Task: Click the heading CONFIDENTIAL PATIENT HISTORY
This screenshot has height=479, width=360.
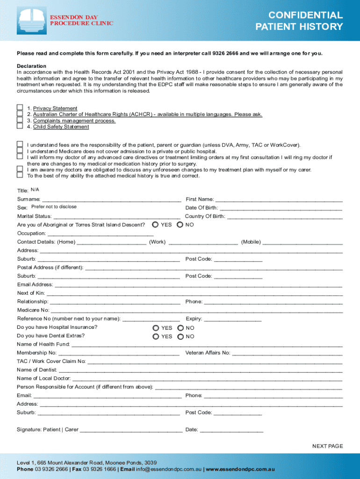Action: (299, 21)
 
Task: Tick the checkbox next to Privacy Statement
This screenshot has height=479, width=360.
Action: (20, 108)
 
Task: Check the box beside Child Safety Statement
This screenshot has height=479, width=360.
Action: (20, 126)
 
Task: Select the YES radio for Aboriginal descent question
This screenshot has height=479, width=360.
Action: (155, 225)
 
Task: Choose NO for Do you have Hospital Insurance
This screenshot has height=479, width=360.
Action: (180, 328)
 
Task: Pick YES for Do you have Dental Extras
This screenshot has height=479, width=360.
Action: (155, 336)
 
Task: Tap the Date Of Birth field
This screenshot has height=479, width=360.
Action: (281, 208)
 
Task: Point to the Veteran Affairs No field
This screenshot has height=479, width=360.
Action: (287, 353)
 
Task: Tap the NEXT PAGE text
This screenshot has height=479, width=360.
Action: (327, 446)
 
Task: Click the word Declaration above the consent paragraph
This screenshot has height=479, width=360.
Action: (31, 66)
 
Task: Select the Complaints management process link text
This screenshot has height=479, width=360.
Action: (74, 121)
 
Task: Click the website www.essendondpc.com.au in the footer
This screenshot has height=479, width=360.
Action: (240, 469)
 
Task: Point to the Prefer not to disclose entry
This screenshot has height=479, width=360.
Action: (54, 207)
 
